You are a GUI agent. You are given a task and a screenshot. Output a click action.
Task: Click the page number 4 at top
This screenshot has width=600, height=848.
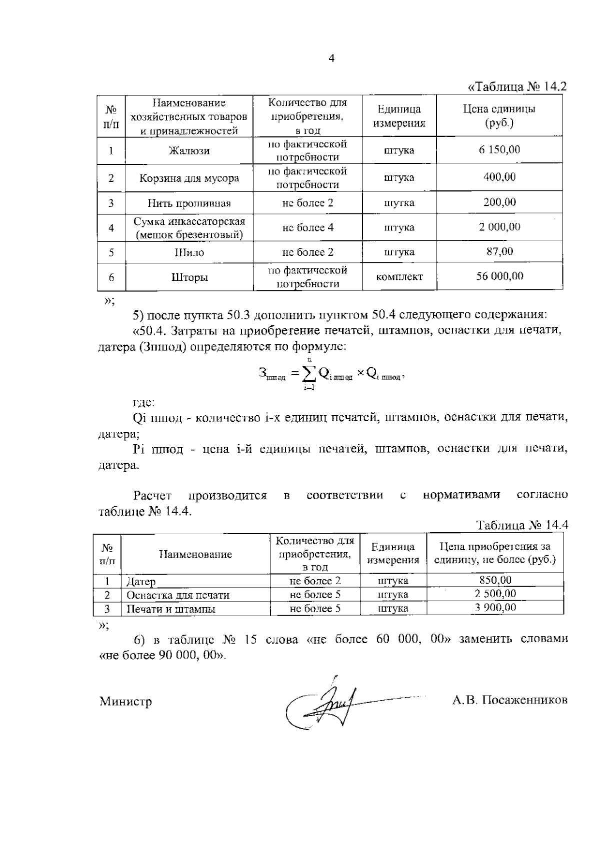(x=331, y=59)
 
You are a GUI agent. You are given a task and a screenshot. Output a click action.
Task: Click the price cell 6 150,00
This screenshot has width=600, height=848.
(x=499, y=149)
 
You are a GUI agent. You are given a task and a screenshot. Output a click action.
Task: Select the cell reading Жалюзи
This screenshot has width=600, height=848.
(x=189, y=151)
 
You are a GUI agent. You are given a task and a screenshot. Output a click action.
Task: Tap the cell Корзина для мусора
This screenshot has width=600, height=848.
(x=189, y=178)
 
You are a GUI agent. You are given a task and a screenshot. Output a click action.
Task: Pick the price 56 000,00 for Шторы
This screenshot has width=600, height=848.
(x=499, y=276)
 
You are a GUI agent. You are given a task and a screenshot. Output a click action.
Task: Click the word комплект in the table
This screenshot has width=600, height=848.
(x=399, y=277)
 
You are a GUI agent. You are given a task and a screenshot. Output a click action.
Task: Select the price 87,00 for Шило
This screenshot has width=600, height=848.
(x=499, y=251)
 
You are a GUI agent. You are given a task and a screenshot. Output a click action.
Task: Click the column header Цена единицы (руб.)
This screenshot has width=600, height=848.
(x=499, y=116)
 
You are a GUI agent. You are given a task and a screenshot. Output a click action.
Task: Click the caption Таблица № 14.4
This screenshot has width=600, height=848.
(x=522, y=525)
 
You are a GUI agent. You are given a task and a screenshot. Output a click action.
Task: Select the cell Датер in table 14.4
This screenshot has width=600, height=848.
(x=141, y=582)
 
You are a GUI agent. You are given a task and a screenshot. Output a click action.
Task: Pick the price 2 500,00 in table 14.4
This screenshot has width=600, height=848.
(x=495, y=594)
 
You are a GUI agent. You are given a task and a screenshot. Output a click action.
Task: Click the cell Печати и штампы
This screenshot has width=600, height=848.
(x=171, y=609)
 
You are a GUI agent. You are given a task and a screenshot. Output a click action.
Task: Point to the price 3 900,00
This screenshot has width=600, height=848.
(x=495, y=608)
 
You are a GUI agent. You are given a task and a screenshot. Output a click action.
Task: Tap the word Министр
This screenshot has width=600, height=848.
(x=125, y=702)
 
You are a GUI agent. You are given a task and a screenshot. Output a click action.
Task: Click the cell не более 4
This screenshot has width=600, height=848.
(x=307, y=228)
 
